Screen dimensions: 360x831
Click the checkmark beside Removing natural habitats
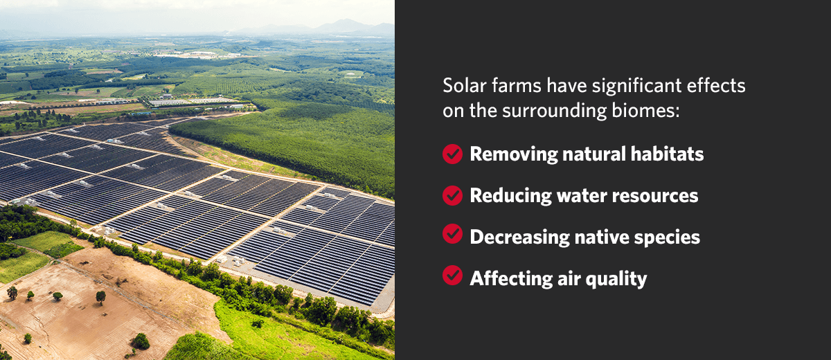[452, 154]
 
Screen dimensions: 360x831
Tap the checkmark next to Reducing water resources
[452, 195]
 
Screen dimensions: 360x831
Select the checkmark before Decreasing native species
[452, 236]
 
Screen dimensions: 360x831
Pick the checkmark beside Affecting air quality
[452, 278]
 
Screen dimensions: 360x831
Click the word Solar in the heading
[463, 87]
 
